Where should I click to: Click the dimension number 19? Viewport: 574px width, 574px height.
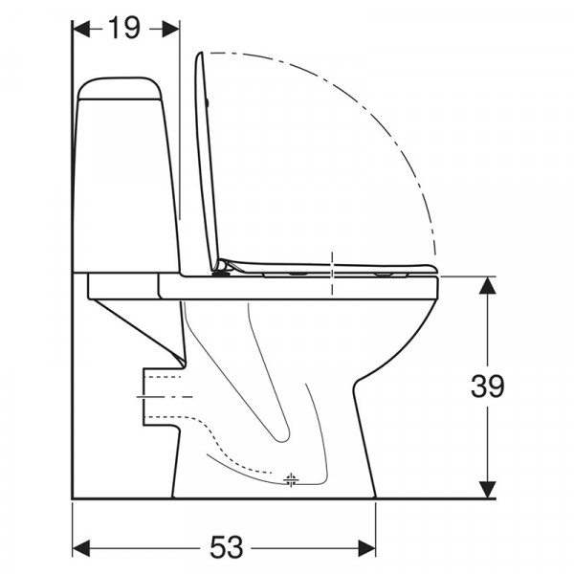(x=124, y=28)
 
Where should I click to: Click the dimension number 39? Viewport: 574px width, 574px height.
(x=487, y=386)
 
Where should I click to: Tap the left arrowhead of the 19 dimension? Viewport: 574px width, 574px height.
(x=81, y=29)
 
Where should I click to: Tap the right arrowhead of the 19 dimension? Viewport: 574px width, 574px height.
(x=170, y=29)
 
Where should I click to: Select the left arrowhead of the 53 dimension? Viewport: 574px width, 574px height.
(x=81, y=548)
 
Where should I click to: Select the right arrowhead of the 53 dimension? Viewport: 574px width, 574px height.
(x=366, y=548)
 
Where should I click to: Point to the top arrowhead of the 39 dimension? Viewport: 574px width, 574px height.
(x=487, y=285)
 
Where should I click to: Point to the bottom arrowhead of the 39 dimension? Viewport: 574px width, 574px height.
(x=487, y=490)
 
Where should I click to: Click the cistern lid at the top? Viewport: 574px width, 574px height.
(x=120, y=88)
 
